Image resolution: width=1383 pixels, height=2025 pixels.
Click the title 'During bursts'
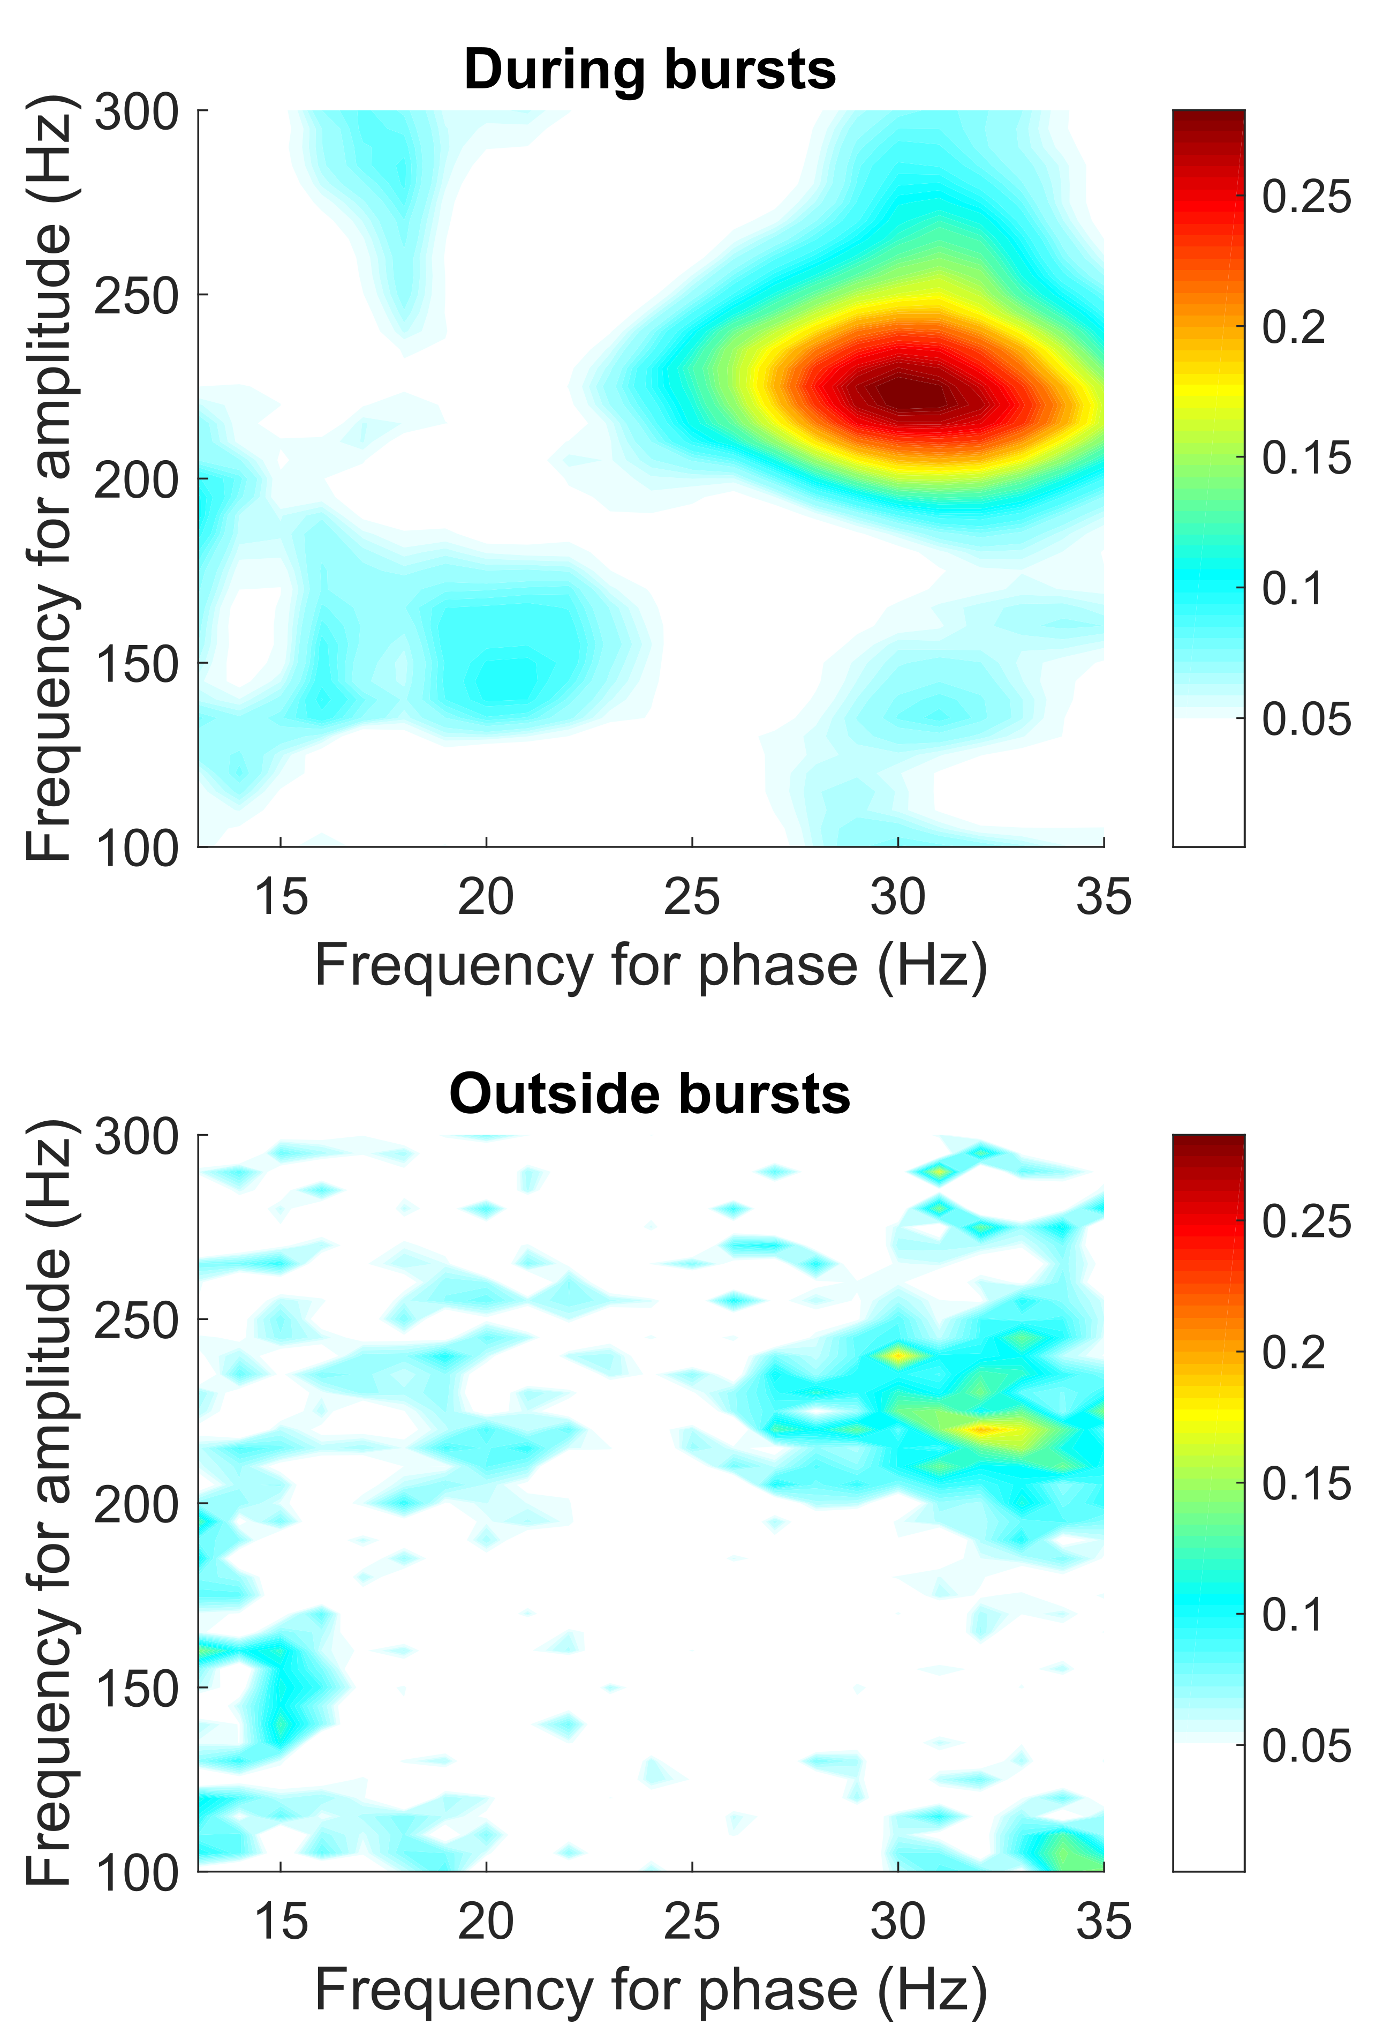pos(649,70)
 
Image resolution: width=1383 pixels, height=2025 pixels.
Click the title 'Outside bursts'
pos(649,1094)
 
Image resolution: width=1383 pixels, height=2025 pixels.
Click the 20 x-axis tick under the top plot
pos(486,897)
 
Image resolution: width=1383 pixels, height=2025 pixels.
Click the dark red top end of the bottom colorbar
pos(1208,1143)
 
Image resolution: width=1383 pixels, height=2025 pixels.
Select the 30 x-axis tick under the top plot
pos(898,897)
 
